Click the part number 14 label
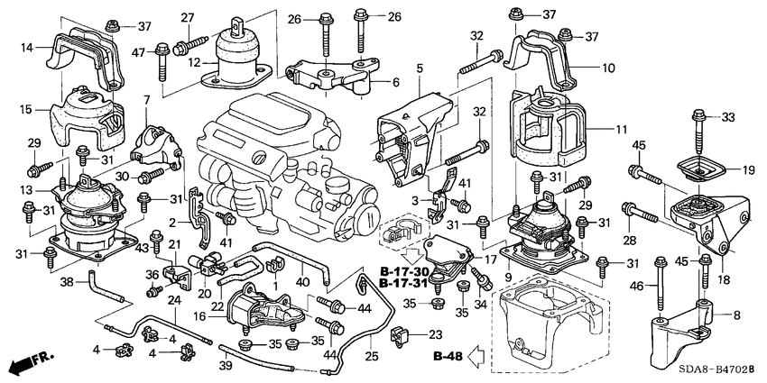(x=27, y=47)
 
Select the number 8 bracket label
(x=737, y=315)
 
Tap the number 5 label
(x=420, y=68)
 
